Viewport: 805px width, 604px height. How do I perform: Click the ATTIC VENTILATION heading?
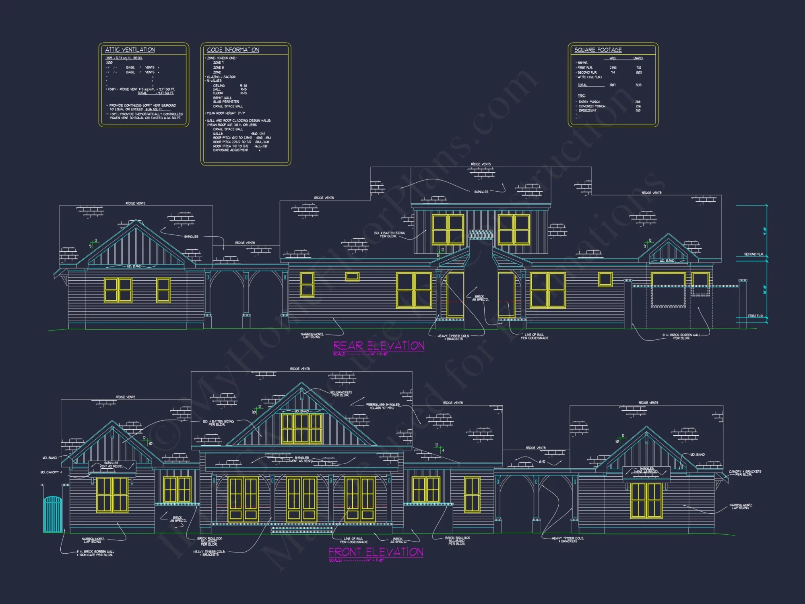(x=130, y=50)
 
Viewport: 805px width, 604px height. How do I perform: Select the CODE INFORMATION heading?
(x=233, y=50)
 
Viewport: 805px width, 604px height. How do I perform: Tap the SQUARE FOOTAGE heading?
(x=598, y=50)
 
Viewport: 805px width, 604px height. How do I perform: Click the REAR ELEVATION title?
(x=378, y=346)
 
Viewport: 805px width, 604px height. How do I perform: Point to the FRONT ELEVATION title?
(x=376, y=552)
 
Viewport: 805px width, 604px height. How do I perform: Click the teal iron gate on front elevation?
(x=53, y=514)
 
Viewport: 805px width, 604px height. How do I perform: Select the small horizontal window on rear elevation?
(x=352, y=277)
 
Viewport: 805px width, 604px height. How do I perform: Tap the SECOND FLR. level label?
(x=753, y=254)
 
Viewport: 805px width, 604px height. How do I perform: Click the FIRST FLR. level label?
(x=755, y=316)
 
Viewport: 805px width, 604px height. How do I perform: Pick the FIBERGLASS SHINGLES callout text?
(x=382, y=406)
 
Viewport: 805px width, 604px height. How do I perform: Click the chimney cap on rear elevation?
(x=481, y=235)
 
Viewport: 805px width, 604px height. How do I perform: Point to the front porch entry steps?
(x=301, y=529)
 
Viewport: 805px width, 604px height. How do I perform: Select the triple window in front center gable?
(x=301, y=428)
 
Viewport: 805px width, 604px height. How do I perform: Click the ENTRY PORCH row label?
(x=589, y=102)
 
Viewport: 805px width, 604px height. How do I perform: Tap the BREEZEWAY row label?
(x=588, y=110)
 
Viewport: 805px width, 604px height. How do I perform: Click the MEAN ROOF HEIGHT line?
(x=225, y=114)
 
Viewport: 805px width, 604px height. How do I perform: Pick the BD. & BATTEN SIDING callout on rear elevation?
(x=389, y=234)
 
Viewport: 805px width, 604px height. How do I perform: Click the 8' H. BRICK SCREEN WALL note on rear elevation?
(x=681, y=336)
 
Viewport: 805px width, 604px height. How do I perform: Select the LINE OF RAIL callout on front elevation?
(x=353, y=540)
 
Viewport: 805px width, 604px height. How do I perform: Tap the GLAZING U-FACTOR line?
(x=221, y=77)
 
